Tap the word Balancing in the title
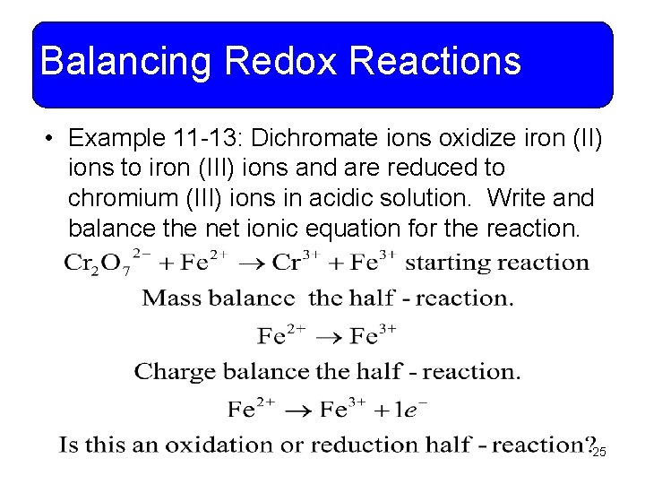[125, 62]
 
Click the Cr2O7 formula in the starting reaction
[97, 264]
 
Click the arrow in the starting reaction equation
[254, 264]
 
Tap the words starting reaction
[497, 263]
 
